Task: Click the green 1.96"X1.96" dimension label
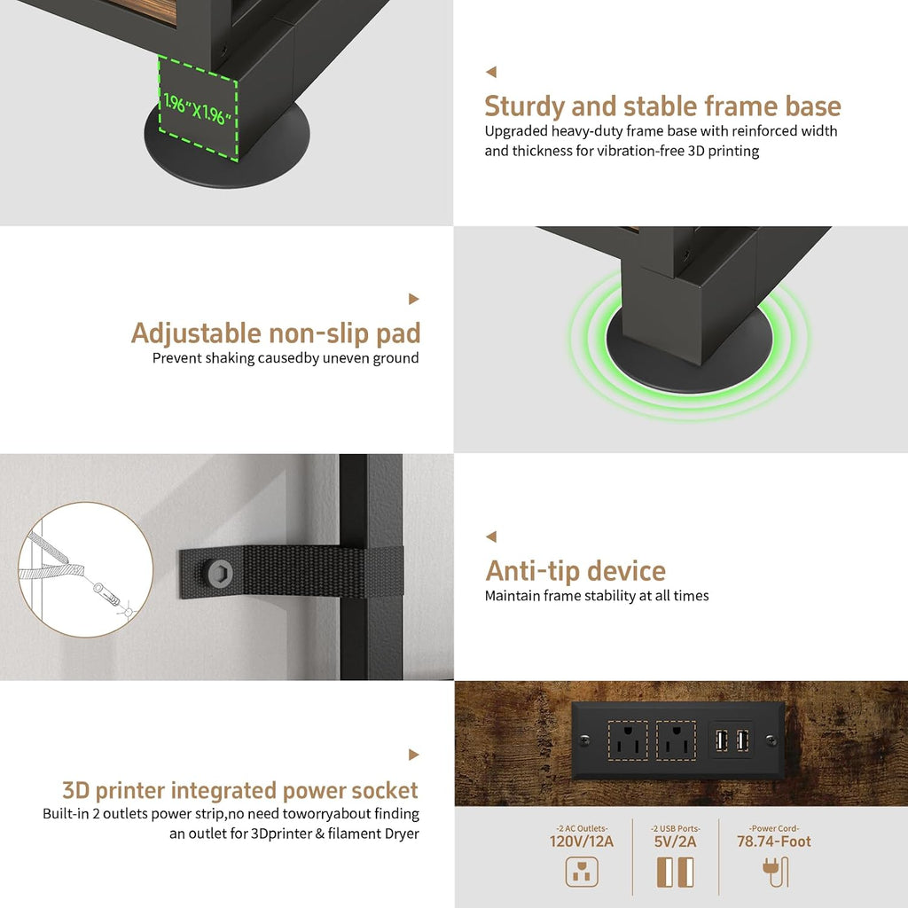pyautogui.click(x=198, y=109)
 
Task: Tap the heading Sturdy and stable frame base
pyautogui.click(x=662, y=106)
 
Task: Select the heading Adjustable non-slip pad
pyautogui.click(x=276, y=333)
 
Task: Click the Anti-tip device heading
pyautogui.click(x=575, y=571)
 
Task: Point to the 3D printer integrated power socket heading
pyautogui.click(x=239, y=790)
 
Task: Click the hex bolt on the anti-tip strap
pyautogui.click(x=221, y=573)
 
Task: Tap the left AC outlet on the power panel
pyautogui.click(x=628, y=740)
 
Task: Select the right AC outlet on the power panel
pyautogui.click(x=676, y=740)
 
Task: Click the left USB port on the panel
pyautogui.click(x=722, y=740)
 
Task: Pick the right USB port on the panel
pyautogui.click(x=742, y=740)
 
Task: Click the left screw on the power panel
pyautogui.click(x=585, y=740)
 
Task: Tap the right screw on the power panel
pyautogui.click(x=771, y=740)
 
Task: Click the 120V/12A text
pyautogui.click(x=582, y=841)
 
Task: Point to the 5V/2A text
pyautogui.click(x=675, y=841)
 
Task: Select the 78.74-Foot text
pyautogui.click(x=773, y=841)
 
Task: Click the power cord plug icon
pyautogui.click(x=775, y=873)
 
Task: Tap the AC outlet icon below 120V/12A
pyautogui.click(x=582, y=873)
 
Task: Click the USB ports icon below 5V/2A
pyautogui.click(x=675, y=873)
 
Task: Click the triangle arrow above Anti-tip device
pyautogui.click(x=491, y=536)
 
